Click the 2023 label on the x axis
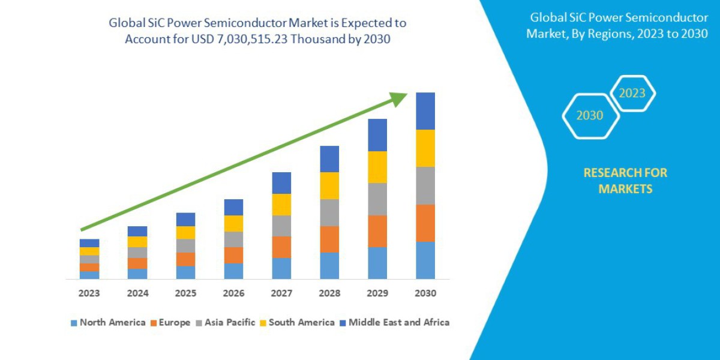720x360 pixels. (89, 293)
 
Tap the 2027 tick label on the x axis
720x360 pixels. (281, 293)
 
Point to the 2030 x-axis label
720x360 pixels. (425, 293)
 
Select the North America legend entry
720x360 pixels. (108, 322)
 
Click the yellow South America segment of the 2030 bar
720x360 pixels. (425, 148)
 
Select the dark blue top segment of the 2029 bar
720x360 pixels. (377, 135)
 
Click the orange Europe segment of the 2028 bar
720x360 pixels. (329, 239)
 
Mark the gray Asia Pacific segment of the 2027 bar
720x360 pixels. (281, 226)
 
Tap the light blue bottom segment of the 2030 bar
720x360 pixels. (425, 260)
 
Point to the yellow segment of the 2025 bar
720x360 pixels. (185, 232)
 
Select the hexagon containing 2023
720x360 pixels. (632, 94)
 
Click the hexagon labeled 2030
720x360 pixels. (590, 115)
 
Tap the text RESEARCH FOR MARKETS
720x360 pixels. (625, 181)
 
